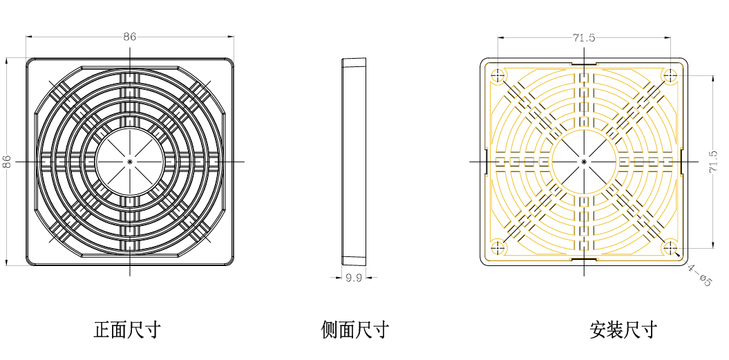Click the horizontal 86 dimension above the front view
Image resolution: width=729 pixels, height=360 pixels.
pyautogui.click(x=130, y=37)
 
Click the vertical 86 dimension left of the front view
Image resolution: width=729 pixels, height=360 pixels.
pyautogui.click(x=6, y=162)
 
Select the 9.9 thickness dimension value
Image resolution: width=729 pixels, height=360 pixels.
pyautogui.click(x=354, y=278)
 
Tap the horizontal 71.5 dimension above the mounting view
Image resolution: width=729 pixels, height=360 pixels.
pyautogui.click(x=584, y=38)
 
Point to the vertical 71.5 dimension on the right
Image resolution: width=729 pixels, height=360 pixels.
pyautogui.click(x=713, y=162)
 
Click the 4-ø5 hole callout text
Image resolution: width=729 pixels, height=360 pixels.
pyautogui.click(x=699, y=275)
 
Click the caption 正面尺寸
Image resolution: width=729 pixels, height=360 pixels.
pyautogui.click(x=127, y=330)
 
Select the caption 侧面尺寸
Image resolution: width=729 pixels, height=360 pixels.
pyautogui.click(x=354, y=330)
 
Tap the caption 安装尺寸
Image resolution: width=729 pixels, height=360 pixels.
pyautogui.click(x=623, y=330)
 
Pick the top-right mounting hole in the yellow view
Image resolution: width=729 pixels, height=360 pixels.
pyautogui.click(x=670, y=75)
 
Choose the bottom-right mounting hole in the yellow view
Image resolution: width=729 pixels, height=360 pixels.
pyautogui.click(x=670, y=247)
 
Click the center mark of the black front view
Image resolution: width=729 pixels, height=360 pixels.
pyautogui.click(x=130, y=162)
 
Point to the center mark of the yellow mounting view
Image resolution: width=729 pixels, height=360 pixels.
pyautogui.click(x=584, y=162)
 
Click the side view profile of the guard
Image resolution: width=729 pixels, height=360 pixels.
pyautogui.click(x=354, y=162)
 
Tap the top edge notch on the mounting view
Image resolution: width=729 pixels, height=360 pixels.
pyautogui.click(x=584, y=64)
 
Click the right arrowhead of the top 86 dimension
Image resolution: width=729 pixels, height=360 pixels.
pyautogui.click(x=231, y=37)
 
